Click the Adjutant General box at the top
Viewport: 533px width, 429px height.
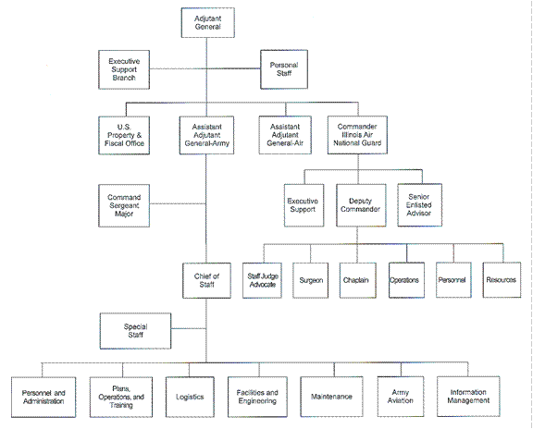click(x=207, y=24)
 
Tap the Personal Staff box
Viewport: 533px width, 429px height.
click(x=284, y=68)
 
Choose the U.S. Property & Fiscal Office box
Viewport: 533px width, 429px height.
click(x=125, y=134)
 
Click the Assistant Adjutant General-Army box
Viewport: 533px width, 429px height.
click(x=206, y=134)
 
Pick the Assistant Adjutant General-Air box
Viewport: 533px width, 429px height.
click(x=284, y=134)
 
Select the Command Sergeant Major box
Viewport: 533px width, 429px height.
click(x=124, y=205)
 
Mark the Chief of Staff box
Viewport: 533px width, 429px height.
click(x=207, y=278)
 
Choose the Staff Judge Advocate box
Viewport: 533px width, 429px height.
click(x=265, y=278)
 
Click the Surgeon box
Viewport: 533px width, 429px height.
click(x=311, y=278)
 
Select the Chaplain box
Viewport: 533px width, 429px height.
click(x=357, y=278)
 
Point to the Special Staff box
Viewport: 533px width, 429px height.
click(x=135, y=330)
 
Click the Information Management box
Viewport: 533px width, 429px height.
click(x=469, y=397)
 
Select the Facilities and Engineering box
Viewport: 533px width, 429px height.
click(x=257, y=397)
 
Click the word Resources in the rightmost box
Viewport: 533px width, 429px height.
click(x=501, y=278)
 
